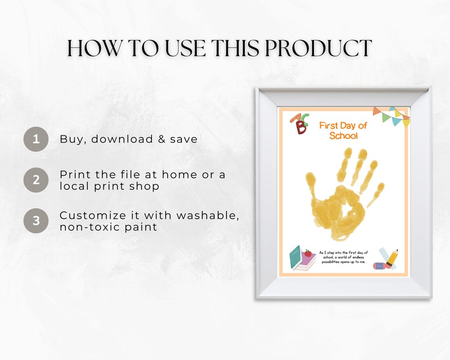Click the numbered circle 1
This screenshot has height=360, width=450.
point(36,139)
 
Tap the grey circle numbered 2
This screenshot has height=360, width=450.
point(36,180)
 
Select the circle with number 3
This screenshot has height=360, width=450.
point(36,221)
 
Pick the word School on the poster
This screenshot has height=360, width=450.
point(343,135)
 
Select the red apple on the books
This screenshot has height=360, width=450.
point(308,253)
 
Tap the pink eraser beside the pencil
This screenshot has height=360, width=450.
point(379,265)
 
